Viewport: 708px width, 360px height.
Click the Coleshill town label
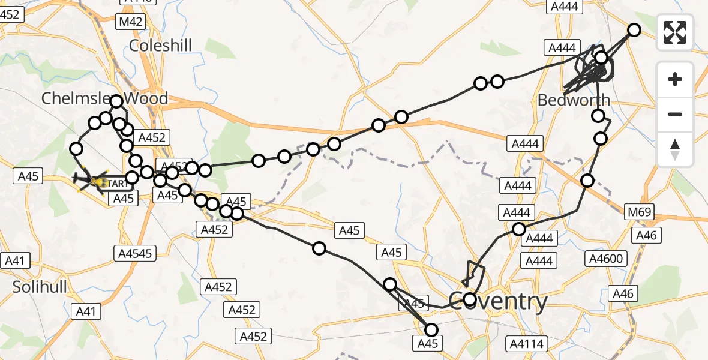click(x=160, y=45)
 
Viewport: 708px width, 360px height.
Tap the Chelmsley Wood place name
click(x=104, y=98)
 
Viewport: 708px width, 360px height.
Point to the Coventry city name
click(x=498, y=301)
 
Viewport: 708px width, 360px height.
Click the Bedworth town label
click(x=574, y=100)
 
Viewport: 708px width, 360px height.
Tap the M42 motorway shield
click(x=131, y=22)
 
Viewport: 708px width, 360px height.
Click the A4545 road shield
click(x=135, y=254)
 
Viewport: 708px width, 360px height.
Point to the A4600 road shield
click(x=607, y=259)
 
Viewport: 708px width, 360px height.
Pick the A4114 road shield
click(x=526, y=343)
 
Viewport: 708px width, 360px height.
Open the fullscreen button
click(x=675, y=32)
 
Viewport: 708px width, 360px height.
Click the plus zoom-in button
click(x=675, y=79)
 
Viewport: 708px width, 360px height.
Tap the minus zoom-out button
click(x=675, y=114)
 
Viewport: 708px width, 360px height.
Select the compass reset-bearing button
click(x=675, y=149)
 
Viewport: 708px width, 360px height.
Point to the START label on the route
click(x=112, y=182)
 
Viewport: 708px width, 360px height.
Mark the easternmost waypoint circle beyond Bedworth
click(x=634, y=30)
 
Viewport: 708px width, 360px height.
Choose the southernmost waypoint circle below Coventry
click(x=431, y=329)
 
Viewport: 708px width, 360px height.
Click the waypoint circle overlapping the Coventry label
click(x=470, y=299)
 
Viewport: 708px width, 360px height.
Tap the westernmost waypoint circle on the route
click(x=76, y=148)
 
